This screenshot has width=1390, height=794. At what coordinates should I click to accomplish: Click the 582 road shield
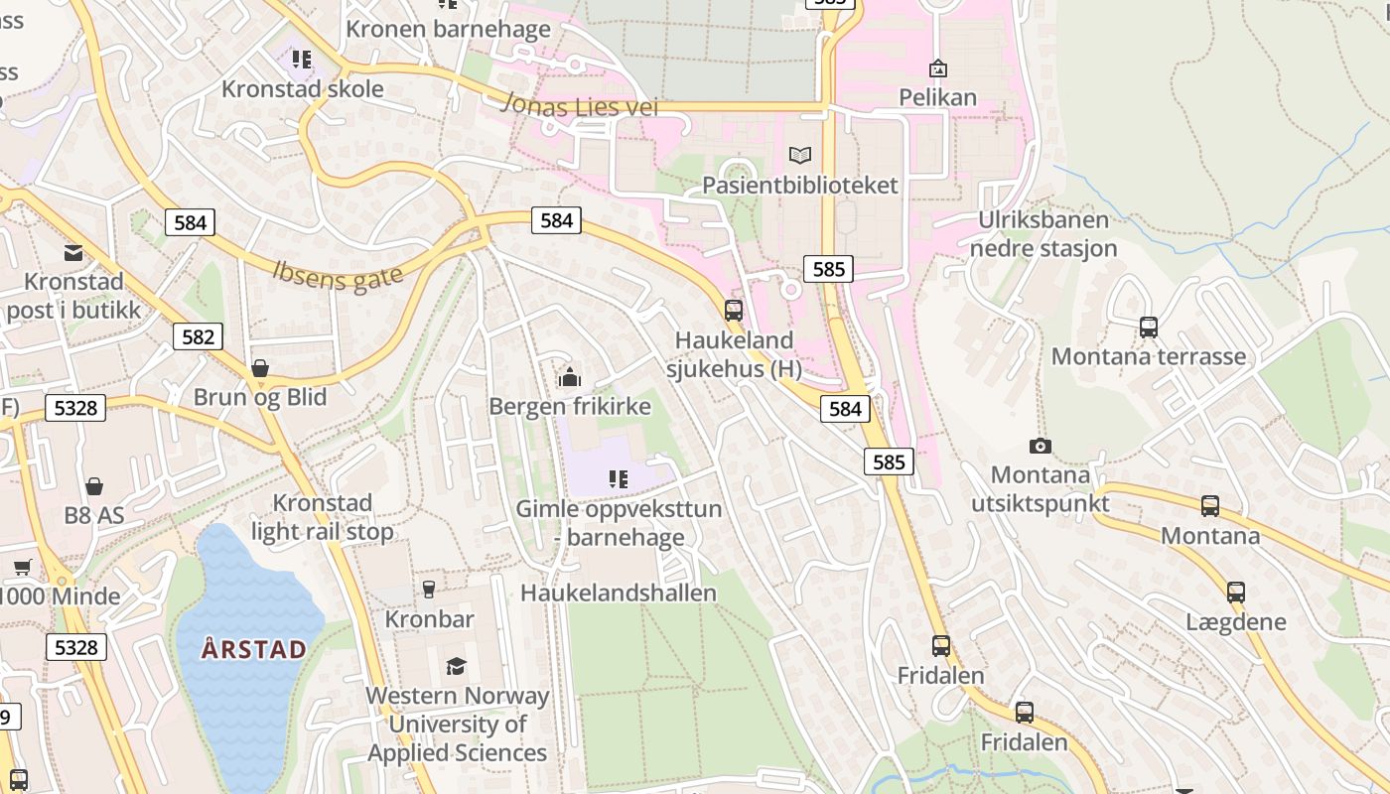(x=198, y=336)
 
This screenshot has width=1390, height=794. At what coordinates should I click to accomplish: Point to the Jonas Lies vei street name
(x=580, y=104)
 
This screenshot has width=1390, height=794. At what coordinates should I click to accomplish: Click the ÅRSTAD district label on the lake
(x=254, y=650)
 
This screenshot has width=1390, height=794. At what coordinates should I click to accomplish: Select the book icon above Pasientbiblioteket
(x=800, y=155)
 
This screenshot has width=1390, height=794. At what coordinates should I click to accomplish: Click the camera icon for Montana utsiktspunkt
(x=1041, y=447)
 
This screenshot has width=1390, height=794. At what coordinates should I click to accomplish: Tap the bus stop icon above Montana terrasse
(x=1149, y=327)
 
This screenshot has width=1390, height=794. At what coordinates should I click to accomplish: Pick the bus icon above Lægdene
(x=1236, y=593)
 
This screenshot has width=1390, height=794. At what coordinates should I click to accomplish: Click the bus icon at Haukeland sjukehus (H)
(x=734, y=311)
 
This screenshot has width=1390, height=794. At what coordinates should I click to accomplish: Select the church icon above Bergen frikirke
(x=570, y=377)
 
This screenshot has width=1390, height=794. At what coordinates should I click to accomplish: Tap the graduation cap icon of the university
(x=456, y=666)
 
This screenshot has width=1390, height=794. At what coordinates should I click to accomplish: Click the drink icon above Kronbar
(x=429, y=590)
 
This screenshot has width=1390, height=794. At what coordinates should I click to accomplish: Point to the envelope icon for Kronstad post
(x=73, y=252)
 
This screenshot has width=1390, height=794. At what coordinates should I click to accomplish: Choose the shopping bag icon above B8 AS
(x=94, y=486)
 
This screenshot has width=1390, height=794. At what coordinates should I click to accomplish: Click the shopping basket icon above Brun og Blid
(x=260, y=369)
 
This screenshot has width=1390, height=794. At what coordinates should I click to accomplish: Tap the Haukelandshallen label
(x=619, y=593)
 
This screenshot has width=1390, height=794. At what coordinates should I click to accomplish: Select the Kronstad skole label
(x=302, y=88)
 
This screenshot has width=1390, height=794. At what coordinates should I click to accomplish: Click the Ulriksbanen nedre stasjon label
(x=1043, y=234)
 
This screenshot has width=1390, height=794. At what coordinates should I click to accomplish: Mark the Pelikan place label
(x=938, y=97)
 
